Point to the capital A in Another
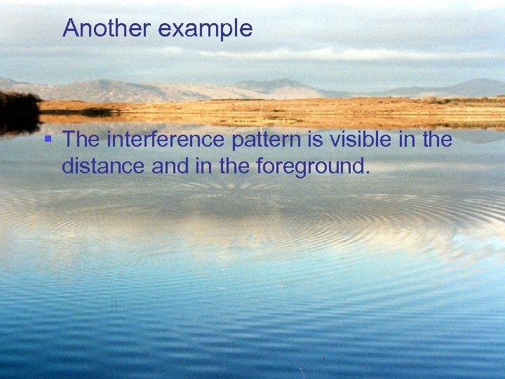pyautogui.click(x=70, y=29)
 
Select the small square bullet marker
pyautogui.click(x=48, y=138)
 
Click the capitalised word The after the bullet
pyautogui.click(x=81, y=140)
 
